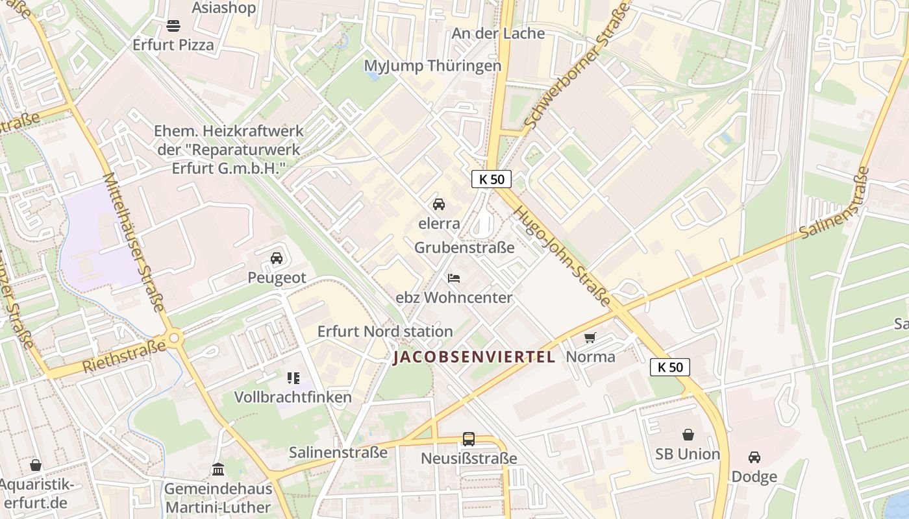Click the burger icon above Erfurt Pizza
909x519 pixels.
(173, 26)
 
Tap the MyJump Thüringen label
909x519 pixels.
(432, 66)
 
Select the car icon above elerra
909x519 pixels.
(439, 204)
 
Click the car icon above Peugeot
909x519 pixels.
(277, 258)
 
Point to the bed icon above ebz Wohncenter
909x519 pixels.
(454, 278)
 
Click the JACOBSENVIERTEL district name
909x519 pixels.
(474, 357)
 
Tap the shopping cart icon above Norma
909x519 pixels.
(590, 337)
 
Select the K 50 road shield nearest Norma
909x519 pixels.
(670, 367)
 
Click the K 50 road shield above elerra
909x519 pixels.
(492, 179)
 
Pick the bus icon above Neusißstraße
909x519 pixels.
(469, 439)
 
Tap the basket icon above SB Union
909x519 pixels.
(688, 435)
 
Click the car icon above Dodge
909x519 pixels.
(754, 457)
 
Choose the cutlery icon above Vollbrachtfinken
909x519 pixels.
(293, 378)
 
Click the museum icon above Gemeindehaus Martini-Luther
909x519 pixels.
(218, 469)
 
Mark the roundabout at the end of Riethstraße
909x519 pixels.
(174, 338)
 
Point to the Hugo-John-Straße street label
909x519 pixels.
(562, 257)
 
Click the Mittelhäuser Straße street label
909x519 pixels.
(134, 241)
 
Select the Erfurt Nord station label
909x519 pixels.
(385, 332)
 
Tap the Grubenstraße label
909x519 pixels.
(464, 248)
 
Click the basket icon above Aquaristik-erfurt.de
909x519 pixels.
(36, 465)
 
